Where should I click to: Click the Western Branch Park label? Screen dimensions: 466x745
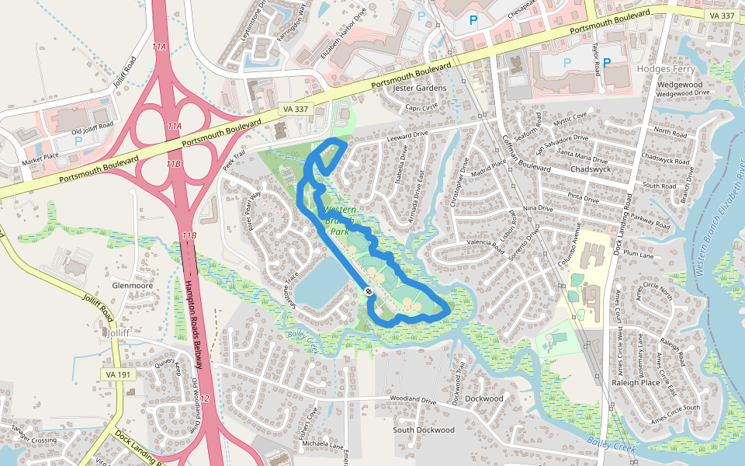338,221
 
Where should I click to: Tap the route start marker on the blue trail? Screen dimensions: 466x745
368,291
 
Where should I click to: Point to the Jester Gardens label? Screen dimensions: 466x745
420,88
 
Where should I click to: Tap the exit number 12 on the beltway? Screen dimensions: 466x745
204,398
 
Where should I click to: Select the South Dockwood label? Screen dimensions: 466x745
424,429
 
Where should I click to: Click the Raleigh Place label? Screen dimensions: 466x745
635,382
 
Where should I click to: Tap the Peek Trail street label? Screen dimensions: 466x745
234,162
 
